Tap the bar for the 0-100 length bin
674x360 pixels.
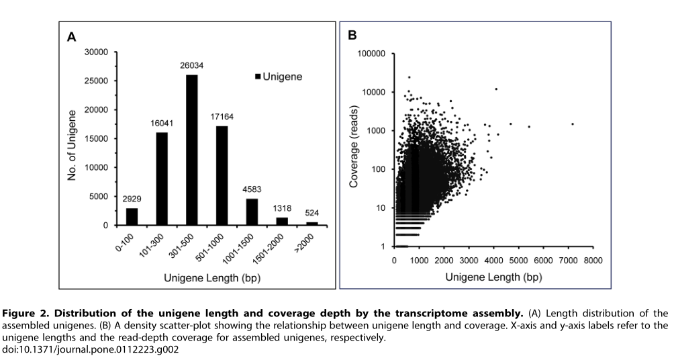132,216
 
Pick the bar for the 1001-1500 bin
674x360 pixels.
251,212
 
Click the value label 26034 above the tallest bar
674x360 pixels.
191,66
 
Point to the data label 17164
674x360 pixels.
221,118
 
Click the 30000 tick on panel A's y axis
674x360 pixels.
96,52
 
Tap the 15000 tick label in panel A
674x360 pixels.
96,138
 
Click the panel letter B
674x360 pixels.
352,35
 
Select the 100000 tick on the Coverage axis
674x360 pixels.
371,53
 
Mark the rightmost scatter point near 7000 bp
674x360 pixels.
573,124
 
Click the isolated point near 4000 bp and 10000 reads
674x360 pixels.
496,89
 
